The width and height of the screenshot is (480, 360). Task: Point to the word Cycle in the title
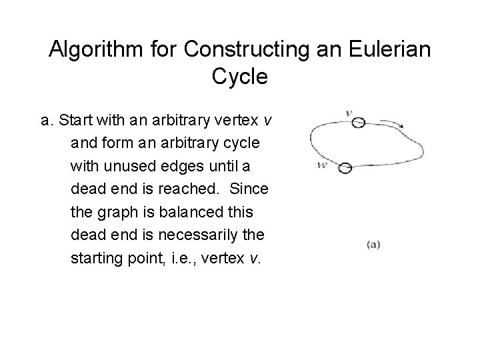(x=240, y=77)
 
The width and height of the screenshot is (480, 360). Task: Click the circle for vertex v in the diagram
(x=358, y=123)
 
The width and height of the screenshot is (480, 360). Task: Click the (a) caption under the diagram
(x=373, y=244)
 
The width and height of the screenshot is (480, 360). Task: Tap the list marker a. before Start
(x=47, y=121)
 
